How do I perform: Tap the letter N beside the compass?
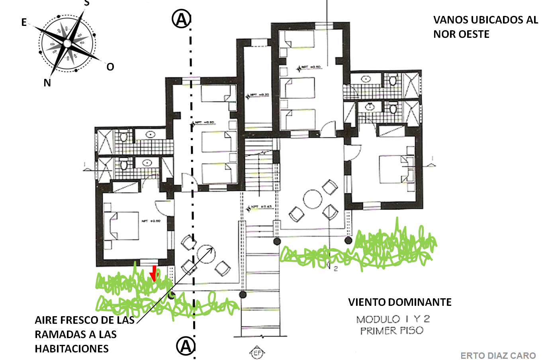pyautogui.click(x=47, y=83)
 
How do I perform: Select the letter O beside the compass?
pyautogui.click(x=110, y=67)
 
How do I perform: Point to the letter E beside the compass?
pyautogui.click(x=24, y=23)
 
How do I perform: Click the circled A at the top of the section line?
pyautogui.click(x=181, y=19)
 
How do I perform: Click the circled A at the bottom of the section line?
pyautogui.click(x=186, y=346)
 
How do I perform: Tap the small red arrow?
pyautogui.click(x=154, y=274)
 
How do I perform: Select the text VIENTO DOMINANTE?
pyautogui.click(x=399, y=302)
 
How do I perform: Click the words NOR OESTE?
pyautogui.click(x=461, y=34)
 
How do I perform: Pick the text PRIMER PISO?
pyautogui.click(x=391, y=331)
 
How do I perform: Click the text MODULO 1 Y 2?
pyautogui.click(x=393, y=319)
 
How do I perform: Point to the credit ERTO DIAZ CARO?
pyautogui.click(x=498, y=355)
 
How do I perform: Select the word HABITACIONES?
pyautogui.click(x=72, y=349)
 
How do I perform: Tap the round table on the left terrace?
pyautogui.click(x=206, y=253)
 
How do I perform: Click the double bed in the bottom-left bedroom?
pyautogui.click(x=121, y=226)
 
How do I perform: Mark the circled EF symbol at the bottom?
pyautogui.click(x=257, y=353)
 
